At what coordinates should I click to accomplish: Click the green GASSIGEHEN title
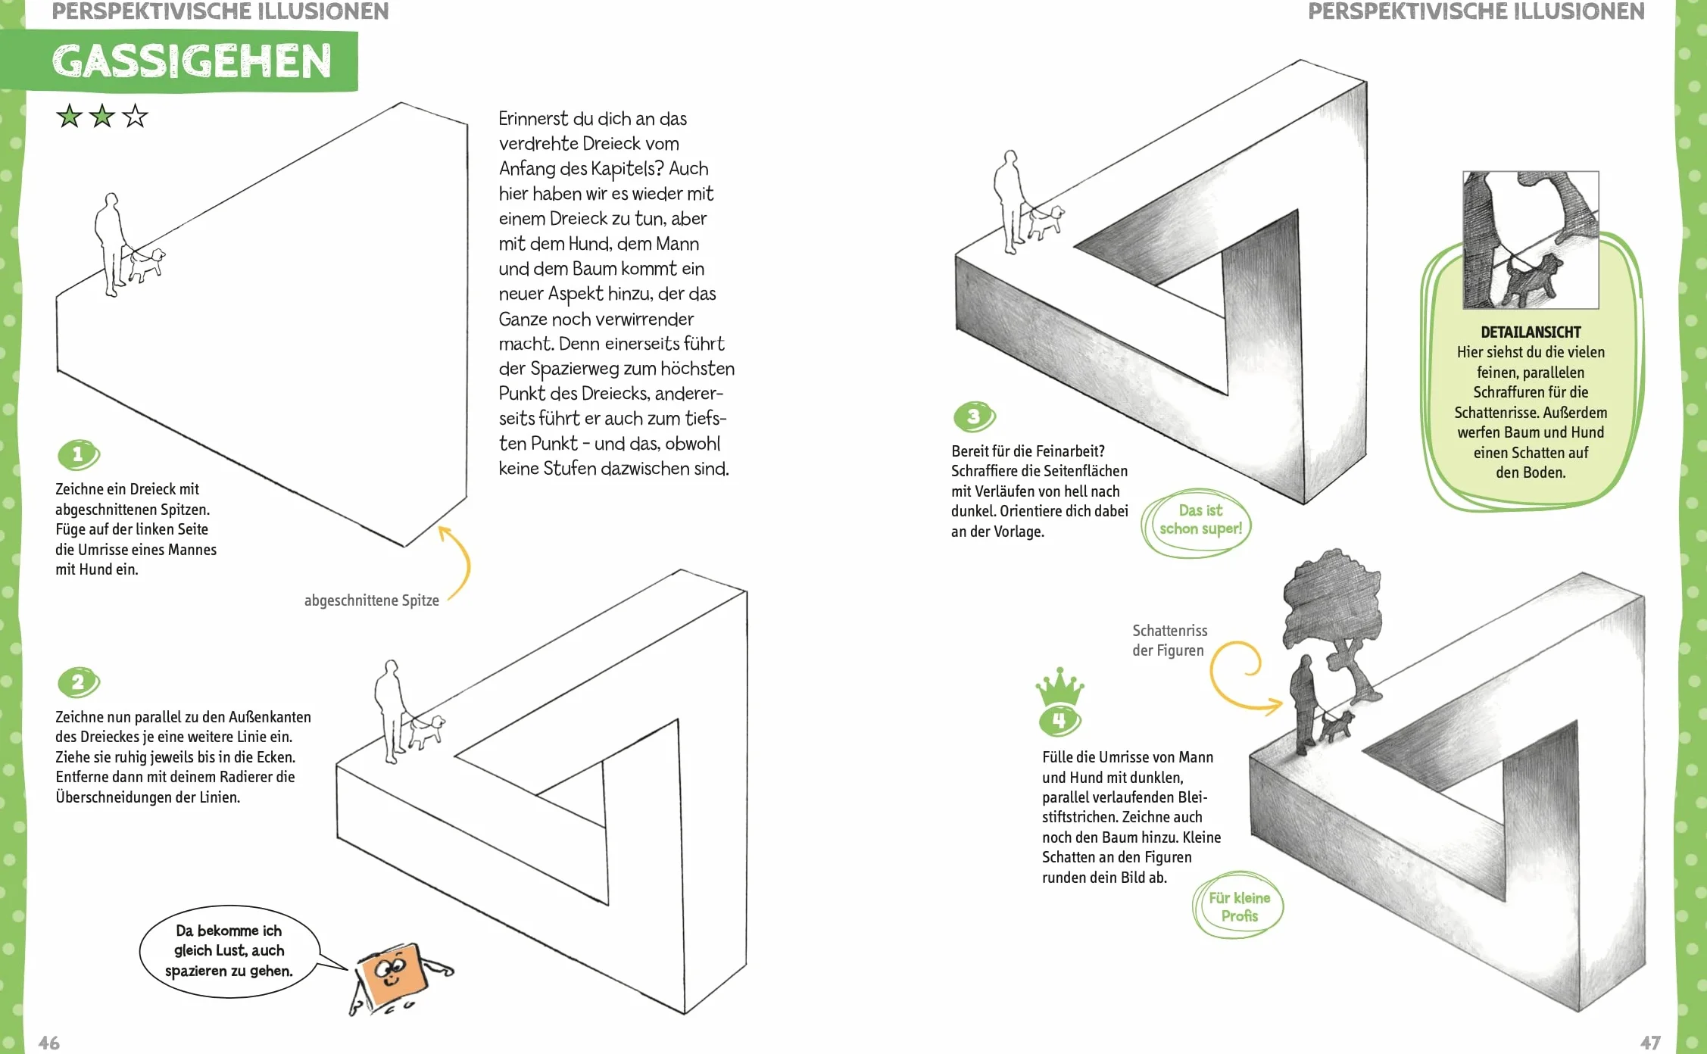point(192,61)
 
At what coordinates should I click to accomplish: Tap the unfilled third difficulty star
point(135,116)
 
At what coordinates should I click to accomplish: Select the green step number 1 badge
point(79,454)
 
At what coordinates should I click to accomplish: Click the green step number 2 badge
point(79,682)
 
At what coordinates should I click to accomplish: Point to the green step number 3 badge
point(975,416)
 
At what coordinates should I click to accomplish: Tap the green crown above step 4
point(1059,687)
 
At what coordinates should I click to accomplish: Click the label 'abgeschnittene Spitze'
point(371,600)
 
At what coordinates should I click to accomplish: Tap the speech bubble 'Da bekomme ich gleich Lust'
point(229,951)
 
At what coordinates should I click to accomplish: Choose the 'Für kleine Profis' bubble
point(1238,906)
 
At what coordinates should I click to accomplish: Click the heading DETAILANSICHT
point(1531,332)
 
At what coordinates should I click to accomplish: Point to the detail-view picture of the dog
point(1531,240)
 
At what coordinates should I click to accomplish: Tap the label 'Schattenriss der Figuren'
point(1169,641)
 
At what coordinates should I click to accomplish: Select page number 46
point(49,1043)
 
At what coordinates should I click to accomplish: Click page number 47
point(1651,1043)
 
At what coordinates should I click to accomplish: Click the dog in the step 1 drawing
point(147,264)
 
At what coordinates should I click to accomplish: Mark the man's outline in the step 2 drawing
point(390,712)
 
